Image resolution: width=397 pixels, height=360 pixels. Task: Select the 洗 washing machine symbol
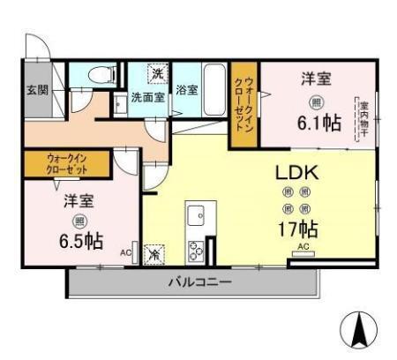point(157,72)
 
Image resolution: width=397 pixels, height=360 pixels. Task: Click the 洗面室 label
point(147,96)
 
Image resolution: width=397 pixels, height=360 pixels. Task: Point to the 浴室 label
point(186,89)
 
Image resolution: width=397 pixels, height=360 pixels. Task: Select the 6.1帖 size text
point(318,124)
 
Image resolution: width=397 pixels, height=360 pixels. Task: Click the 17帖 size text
point(297,229)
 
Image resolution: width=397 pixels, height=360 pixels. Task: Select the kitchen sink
point(195,214)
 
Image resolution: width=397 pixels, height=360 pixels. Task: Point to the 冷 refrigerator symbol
point(154,253)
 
